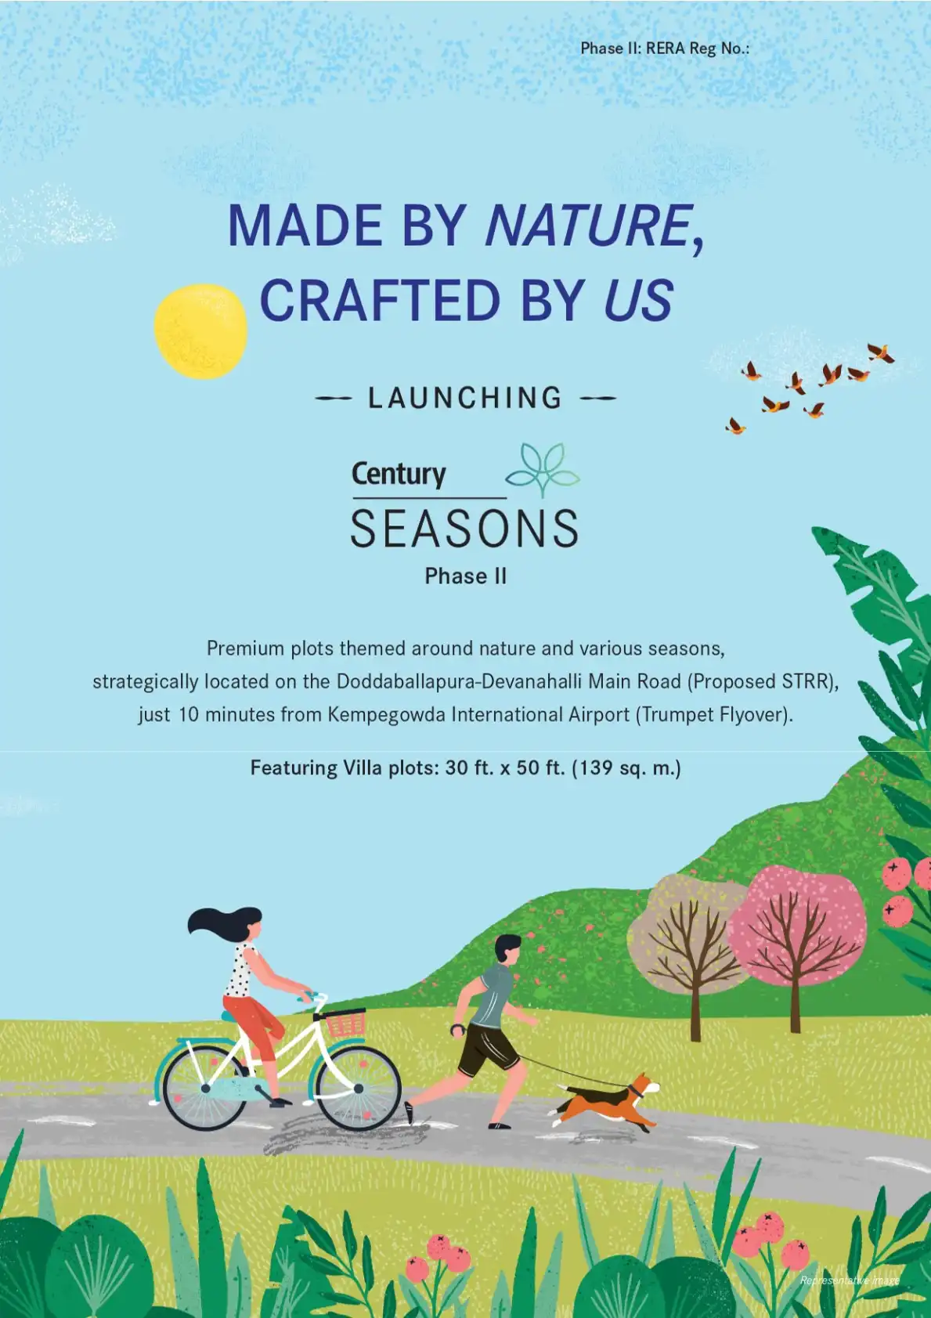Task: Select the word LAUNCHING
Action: (x=465, y=399)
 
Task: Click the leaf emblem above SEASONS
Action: (x=543, y=471)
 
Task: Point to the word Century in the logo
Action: (x=399, y=475)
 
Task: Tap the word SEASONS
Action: (x=464, y=529)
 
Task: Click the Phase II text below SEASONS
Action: (x=465, y=576)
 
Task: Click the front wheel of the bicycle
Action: (x=359, y=1089)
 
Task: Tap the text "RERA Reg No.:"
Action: (x=698, y=49)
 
